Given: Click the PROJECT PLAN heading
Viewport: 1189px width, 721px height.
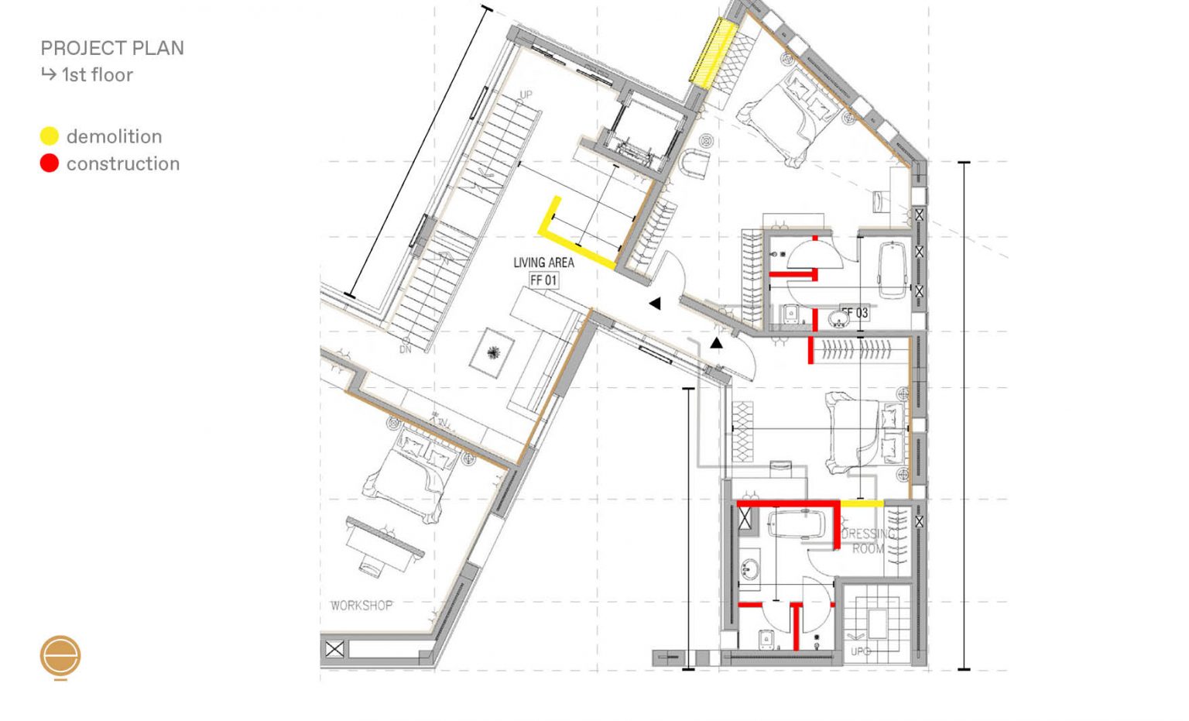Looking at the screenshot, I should pyautogui.click(x=112, y=48).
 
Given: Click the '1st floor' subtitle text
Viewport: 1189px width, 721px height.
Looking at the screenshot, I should pyautogui.click(x=97, y=75).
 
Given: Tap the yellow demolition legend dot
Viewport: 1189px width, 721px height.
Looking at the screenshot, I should pyautogui.click(x=50, y=136).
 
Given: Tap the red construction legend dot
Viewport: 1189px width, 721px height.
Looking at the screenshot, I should pyautogui.click(x=50, y=163).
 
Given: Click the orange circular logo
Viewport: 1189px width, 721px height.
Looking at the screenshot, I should pyautogui.click(x=60, y=657).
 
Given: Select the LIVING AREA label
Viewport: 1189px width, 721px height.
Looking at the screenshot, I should pyautogui.click(x=543, y=263).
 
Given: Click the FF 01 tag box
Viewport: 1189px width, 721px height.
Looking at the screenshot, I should pyautogui.click(x=543, y=280).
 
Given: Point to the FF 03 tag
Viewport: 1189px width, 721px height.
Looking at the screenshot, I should pyautogui.click(x=856, y=313).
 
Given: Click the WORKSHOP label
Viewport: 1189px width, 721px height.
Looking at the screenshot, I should pyautogui.click(x=361, y=605).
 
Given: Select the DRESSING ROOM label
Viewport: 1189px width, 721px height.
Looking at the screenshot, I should pyautogui.click(x=868, y=541).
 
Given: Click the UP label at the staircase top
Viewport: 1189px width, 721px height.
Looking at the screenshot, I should pyautogui.click(x=526, y=95).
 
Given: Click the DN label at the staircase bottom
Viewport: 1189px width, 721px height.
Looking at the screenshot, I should pyautogui.click(x=406, y=349).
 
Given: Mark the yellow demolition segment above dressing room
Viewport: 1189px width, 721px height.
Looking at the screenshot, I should pyautogui.click(x=862, y=503).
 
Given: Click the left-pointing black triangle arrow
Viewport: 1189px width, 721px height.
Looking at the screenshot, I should pyautogui.click(x=655, y=304).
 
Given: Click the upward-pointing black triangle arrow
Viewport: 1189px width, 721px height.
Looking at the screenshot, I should pyautogui.click(x=717, y=342).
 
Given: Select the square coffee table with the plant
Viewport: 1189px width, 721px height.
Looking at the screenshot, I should pyautogui.click(x=493, y=352).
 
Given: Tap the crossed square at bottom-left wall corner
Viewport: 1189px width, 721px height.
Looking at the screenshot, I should pyautogui.click(x=334, y=649).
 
